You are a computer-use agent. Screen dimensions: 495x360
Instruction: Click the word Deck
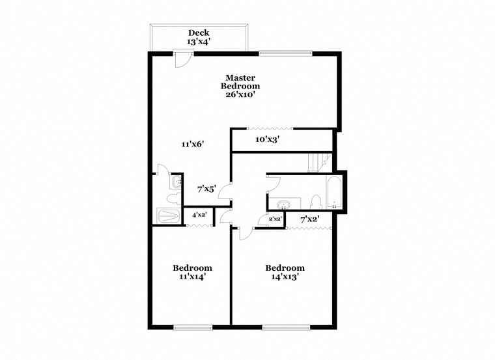click(x=199, y=33)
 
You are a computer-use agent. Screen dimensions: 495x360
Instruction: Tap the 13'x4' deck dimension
click(x=199, y=42)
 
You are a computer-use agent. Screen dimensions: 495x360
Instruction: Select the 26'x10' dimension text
click(x=240, y=94)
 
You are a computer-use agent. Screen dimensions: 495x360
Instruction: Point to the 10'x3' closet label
click(x=268, y=139)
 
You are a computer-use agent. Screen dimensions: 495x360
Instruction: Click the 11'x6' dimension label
click(x=193, y=144)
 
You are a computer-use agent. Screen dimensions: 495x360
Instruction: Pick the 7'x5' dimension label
click(x=206, y=189)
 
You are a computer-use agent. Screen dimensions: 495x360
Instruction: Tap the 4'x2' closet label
click(x=199, y=215)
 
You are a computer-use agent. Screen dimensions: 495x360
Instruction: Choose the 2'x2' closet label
click(x=275, y=218)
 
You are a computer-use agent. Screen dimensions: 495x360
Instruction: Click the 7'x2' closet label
click(x=310, y=219)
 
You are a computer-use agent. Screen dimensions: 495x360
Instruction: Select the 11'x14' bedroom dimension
click(x=193, y=277)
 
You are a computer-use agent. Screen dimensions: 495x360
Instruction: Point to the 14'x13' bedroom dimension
click(x=285, y=277)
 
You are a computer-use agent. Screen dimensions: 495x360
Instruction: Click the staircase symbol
click(x=320, y=163)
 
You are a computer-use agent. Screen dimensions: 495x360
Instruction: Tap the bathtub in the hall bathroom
click(x=334, y=193)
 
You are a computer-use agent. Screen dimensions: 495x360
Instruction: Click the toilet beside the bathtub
click(x=316, y=202)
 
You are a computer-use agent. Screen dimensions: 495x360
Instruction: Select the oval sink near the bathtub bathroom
click(x=283, y=206)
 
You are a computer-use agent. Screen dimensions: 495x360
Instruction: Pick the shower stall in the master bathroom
click(x=168, y=216)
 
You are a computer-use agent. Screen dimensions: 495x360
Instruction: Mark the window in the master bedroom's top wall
click(x=286, y=53)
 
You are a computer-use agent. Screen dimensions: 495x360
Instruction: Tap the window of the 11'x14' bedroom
click(x=193, y=327)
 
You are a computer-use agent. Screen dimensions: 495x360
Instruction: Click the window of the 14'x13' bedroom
click(x=287, y=327)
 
